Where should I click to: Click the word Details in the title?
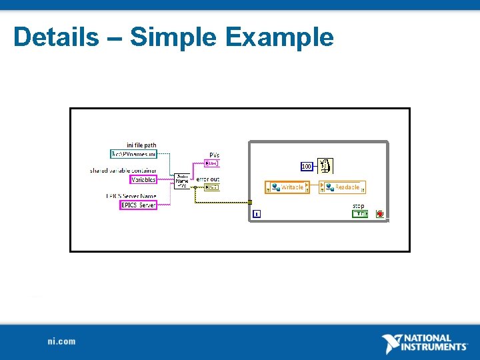(55, 37)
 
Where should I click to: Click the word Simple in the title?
(172, 37)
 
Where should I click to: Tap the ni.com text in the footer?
(61, 341)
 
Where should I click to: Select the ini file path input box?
(134, 154)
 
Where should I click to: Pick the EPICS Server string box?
(139, 205)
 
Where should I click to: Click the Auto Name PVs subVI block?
(182, 181)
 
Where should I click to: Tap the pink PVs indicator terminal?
(212, 163)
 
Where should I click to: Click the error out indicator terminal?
(212, 187)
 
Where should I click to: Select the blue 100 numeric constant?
(307, 166)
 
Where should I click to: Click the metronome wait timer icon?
(325, 165)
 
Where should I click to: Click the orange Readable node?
(343, 187)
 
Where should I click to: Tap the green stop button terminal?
(360, 214)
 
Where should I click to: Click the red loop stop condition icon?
(380, 214)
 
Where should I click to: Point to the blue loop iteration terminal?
(257, 214)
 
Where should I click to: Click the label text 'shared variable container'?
(123, 171)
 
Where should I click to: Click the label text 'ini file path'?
(141, 145)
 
